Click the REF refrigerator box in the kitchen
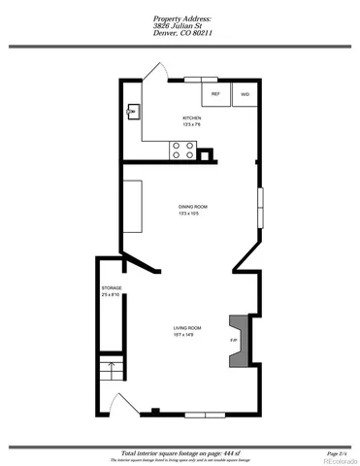coord(215,94)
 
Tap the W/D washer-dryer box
coord(244,94)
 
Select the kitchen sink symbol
coord(132,111)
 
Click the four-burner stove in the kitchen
coord(180,150)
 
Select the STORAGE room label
coord(112,289)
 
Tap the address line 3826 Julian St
coord(180,24)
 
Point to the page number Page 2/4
coord(337,452)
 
